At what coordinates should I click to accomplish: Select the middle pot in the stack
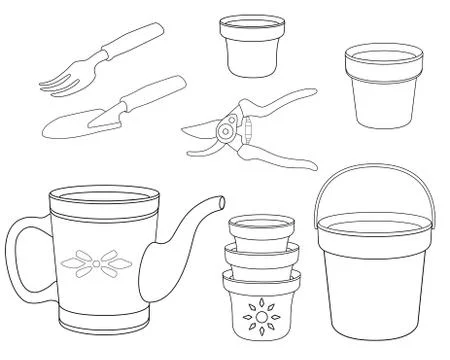click(259, 257)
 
